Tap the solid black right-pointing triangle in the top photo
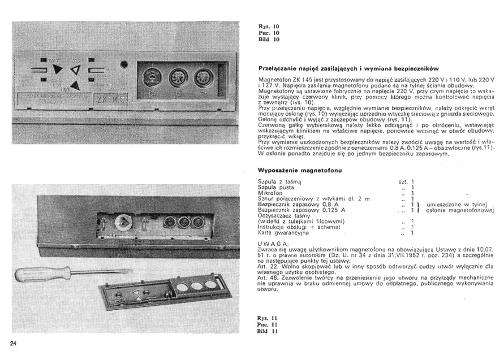57,69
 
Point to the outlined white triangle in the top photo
75,69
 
